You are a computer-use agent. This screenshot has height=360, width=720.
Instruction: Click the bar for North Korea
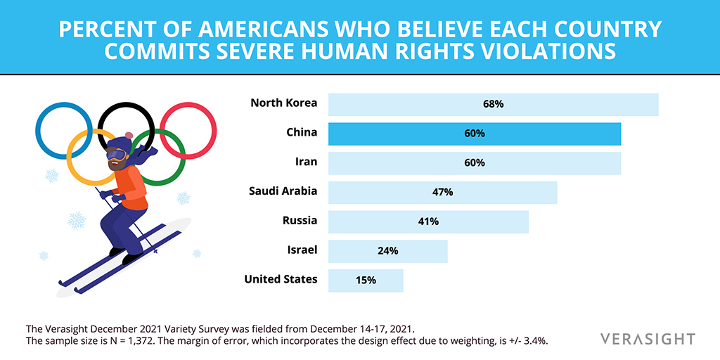point(493,105)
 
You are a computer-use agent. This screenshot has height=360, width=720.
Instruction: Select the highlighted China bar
point(475,134)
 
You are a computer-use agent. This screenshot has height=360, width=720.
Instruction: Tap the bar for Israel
point(387,251)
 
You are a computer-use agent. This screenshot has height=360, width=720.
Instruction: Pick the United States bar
point(366,281)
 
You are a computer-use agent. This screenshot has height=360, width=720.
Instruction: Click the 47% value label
point(443,193)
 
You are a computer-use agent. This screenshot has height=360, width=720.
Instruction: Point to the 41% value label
point(428,221)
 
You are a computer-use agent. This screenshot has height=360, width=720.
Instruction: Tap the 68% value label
point(493,104)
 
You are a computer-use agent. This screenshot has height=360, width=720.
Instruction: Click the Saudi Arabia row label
point(283,191)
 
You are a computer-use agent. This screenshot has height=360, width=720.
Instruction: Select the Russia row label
point(300,220)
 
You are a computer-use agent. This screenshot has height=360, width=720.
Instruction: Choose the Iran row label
point(307,162)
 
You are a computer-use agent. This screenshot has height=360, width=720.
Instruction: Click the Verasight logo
point(648,340)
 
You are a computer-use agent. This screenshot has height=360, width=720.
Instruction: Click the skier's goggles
point(116,155)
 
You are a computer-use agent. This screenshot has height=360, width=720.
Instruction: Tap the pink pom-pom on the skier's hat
point(129,136)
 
